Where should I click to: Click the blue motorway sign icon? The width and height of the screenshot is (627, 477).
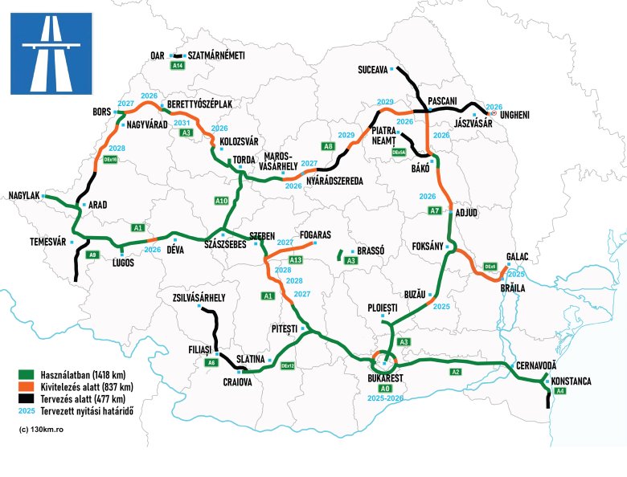pyautogui.click(x=51, y=53)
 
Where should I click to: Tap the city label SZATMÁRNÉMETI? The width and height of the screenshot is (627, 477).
pyautogui.click(x=216, y=55)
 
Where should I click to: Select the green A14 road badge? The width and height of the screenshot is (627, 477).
pyautogui.click(x=178, y=66)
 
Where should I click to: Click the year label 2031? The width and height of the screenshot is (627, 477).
pyautogui.click(x=182, y=123)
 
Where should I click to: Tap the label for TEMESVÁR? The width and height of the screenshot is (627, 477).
pyautogui.click(x=36, y=241)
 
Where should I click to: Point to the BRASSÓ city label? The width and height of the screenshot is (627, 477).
pyautogui.click(x=371, y=251)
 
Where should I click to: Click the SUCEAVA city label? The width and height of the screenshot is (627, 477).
pyautogui.click(x=374, y=70)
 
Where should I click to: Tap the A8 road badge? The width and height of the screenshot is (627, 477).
pyautogui.click(x=328, y=146)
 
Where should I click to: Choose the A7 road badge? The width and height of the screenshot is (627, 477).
pyautogui.click(x=435, y=210)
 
